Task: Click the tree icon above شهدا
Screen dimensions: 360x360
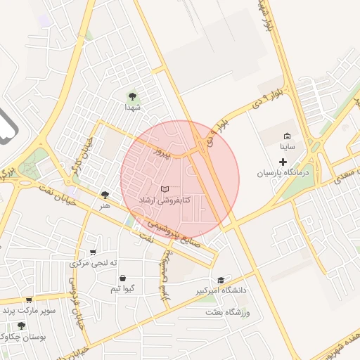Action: tap(132, 96)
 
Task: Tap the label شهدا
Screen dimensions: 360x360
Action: tap(133, 108)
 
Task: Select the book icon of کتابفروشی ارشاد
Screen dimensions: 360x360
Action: tap(165, 189)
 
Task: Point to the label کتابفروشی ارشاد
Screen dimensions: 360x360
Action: tap(165, 200)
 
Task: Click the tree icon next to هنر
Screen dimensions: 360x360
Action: tap(105, 195)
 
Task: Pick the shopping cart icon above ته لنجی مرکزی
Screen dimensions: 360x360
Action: tap(93, 252)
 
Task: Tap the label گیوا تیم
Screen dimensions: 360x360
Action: tap(122, 289)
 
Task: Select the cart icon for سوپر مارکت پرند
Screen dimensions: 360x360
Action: tap(29, 300)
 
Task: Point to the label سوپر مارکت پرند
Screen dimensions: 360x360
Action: tap(29, 310)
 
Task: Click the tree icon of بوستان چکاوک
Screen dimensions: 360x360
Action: tap(21, 326)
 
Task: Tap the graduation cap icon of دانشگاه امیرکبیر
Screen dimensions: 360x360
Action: tap(221, 280)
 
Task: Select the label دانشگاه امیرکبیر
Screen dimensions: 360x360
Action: tap(221, 290)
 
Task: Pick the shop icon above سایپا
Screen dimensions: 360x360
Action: tap(286, 136)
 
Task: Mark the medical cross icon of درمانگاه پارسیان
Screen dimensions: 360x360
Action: tap(283, 162)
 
